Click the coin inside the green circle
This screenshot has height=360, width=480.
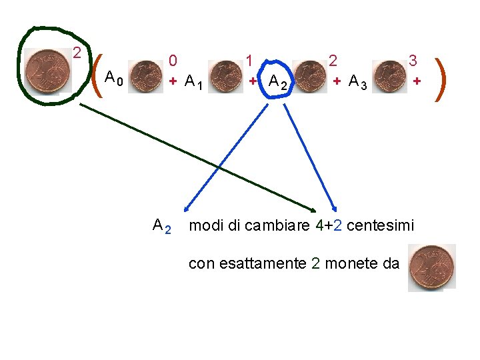click(x=45, y=69)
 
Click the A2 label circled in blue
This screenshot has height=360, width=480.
click(x=278, y=82)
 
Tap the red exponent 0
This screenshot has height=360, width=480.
click(x=173, y=61)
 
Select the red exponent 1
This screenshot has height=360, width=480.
click(x=249, y=61)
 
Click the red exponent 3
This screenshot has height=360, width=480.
click(x=413, y=61)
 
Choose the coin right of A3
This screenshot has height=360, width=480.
click(x=390, y=75)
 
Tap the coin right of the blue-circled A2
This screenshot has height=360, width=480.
click(x=309, y=75)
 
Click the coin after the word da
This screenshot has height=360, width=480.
click(x=431, y=267)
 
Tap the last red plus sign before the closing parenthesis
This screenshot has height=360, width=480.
click(x=417, y=81)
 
